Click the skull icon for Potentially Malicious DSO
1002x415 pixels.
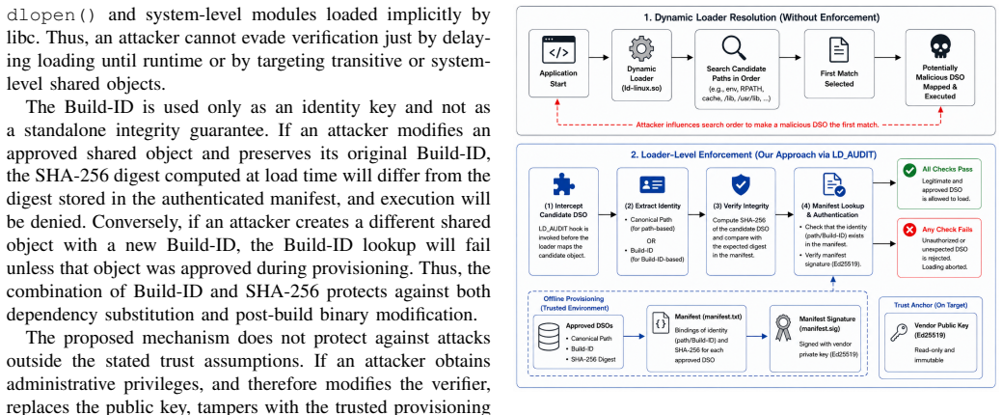(939, 46)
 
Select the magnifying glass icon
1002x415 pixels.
(732, 48)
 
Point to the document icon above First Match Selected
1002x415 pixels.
(838, 48)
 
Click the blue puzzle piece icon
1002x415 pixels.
(563, 184)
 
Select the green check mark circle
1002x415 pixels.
(908, 171)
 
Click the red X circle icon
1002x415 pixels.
(908, 230)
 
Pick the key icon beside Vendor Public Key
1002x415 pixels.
(900, 332)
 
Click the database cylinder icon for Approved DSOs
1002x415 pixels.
(549, 337)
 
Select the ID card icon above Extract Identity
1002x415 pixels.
(653, 184)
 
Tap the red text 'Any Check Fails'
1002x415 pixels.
(947, 229)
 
